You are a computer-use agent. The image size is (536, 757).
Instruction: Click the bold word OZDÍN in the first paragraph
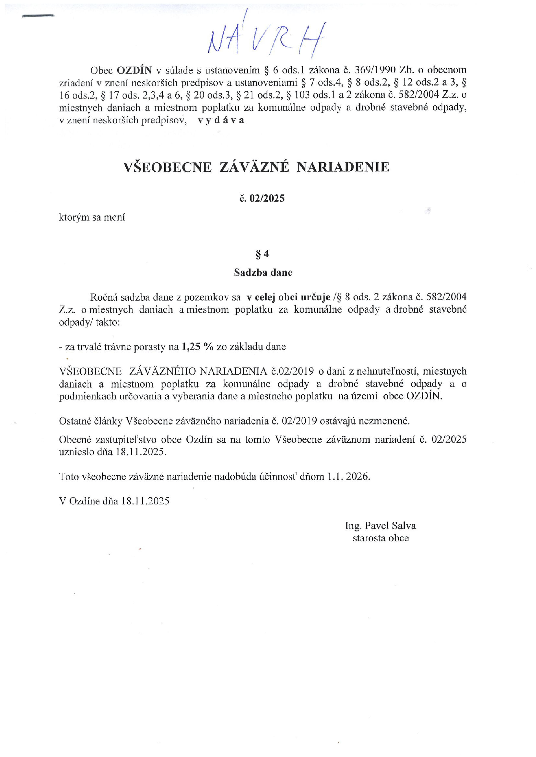pos(134,70)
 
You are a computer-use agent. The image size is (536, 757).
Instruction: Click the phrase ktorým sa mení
pos(92,218)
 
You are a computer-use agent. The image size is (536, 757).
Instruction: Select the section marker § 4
pos(263,254)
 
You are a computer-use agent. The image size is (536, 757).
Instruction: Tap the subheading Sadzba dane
pos(263,273)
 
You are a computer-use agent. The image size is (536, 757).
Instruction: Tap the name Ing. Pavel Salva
pos(380,526)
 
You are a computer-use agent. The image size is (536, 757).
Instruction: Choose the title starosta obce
pos(380,538)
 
